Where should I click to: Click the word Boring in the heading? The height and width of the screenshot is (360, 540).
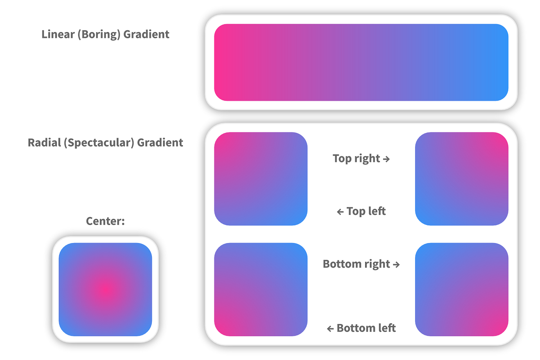pyautogui.click(x=99, y=35)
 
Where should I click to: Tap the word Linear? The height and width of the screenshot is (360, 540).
pyautogui.click(x=58, y=34)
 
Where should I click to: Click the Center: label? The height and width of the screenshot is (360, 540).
pyautogui.click(x=105, y=221)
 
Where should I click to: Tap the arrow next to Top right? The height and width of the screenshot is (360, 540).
pyautogui.click(x=386, y=159)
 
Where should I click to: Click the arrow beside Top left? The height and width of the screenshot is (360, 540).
pyautogui.click(x=340, y=212)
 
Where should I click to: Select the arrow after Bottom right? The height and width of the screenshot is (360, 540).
pyautogui.click(x=396, y=265)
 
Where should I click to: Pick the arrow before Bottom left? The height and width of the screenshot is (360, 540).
pyautogui.click(x=330, y=328)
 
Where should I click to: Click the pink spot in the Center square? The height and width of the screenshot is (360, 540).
pyautogui.click(x=105, y=290)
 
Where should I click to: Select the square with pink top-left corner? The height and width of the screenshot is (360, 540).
pyautogui.click(x=261, y=179)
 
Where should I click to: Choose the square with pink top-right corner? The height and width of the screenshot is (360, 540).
pyautogui.click(x=461, y=179)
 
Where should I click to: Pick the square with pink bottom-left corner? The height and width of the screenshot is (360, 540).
pyautogui.click(x=261, y=290)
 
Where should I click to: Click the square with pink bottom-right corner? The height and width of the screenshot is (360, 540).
pyautogui.click(x=461, y=290)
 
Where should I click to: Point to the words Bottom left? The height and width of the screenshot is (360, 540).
pyautogui.click(x=366, y=328)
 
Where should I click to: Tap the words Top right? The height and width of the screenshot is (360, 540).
pyautogui.click(x=356, y=158)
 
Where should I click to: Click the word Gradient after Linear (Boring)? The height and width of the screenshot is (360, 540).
pyautogui.click(x=146, y=34)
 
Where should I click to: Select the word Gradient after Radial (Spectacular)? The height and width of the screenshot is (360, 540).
pyautogui.click(x=160, y=142)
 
